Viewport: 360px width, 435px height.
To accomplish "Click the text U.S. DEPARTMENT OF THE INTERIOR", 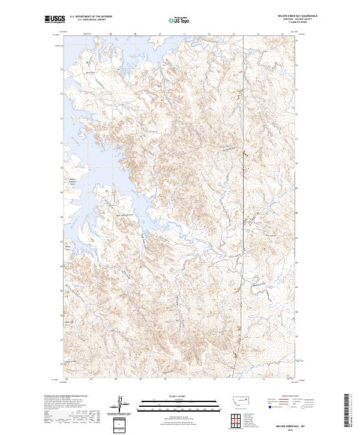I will (x=91, y=16).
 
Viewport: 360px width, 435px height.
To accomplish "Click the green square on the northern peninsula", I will (x=88, y=62).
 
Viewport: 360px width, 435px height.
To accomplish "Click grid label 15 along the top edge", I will (x=283, y=34).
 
